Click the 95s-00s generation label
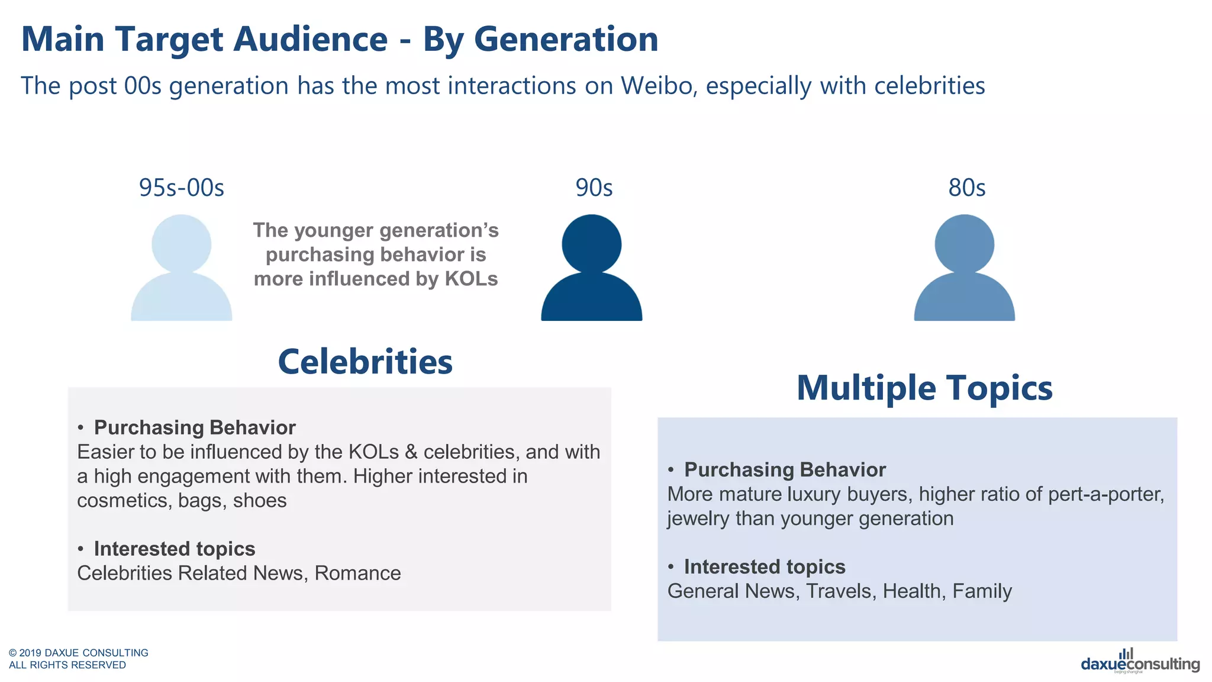pos(181,188)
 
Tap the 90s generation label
pos(594,188)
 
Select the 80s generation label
pos(966,188)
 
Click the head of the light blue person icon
pos(181,244)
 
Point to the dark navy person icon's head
pos(591,244)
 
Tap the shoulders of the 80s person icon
pos(964,299)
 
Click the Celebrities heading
pos(365,362)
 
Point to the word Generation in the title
pos(566,39)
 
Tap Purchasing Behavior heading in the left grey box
pos(194,427)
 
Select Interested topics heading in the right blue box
pos(764,567)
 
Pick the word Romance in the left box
pos(357,573)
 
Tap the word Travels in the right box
pos(840,591)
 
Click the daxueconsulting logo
pos(1140,662)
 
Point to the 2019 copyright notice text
pos(78,658)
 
